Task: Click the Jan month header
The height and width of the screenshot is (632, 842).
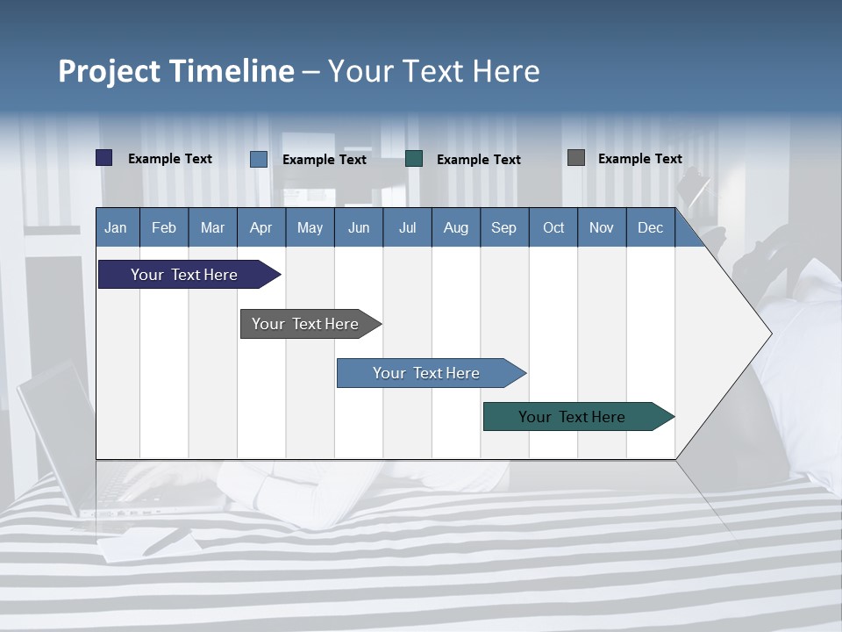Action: point(116,227)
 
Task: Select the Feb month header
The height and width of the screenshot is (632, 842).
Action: point(164,227)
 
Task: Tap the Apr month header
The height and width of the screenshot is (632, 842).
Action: point(260,227)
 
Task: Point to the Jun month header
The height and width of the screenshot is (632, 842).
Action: point(359,227)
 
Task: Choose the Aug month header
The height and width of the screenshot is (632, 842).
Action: point(455,227)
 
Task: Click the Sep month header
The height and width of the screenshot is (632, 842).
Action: point(503,227)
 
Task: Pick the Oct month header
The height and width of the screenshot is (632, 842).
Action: point(553,227)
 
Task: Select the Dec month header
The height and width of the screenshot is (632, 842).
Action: point(650,227)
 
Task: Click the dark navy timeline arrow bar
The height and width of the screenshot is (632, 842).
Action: point(185,275)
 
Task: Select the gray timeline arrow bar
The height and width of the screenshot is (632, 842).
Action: point(306,324)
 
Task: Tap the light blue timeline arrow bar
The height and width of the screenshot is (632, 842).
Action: point(427,373)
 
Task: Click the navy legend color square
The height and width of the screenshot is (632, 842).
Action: point(104,158)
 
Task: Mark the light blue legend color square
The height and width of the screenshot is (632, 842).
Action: point(259,159)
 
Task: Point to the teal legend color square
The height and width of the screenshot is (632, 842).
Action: point(414,159)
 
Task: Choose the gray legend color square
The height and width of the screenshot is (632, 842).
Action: point(576,158)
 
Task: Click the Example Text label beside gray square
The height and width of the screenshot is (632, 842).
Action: point(639,159)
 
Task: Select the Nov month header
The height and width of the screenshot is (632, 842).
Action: point(602,227)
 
